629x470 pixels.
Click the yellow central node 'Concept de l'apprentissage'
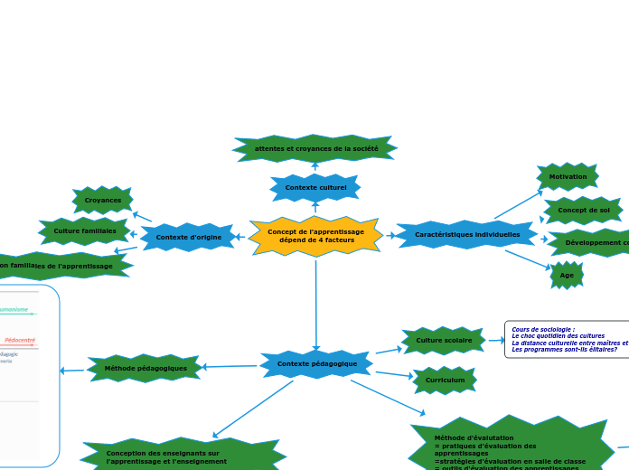[x=315, y=236]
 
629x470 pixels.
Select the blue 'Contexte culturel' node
[x=315, y=188]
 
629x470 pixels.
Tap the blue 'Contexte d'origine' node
[x=188, y=237]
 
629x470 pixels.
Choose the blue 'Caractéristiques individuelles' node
[x=467, y=234]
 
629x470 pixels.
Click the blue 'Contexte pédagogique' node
[x=316, y=364]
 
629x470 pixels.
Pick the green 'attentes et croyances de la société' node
[x=315, y=148]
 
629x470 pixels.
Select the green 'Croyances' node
[x=103, y=200]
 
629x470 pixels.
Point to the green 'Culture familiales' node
[x=85, y=230]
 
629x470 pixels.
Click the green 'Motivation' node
[x=568, y=176]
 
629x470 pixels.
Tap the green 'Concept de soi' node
[x=584, y=210]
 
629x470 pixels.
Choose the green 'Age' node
[x=567, y=275]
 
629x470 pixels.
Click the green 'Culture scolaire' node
[x=444, y=341]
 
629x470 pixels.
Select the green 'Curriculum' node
[x=445, y=380]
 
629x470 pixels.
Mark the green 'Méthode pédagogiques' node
[x=146, y=368]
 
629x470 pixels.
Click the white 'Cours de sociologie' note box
[x=568, y=339]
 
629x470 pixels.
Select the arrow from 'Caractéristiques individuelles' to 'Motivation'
[x=518, y=204]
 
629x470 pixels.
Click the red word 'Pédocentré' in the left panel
[x=20, y=340]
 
